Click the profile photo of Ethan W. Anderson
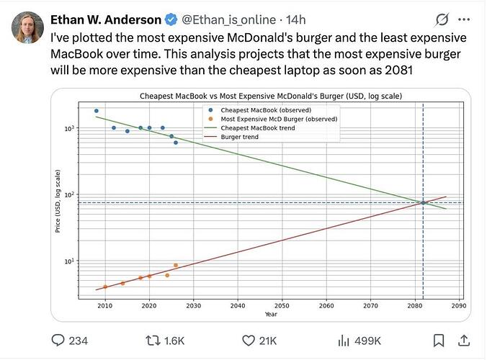click(27, 27)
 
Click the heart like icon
click(249, 340)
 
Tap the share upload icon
click(465, 340)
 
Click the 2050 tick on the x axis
click(282, 306)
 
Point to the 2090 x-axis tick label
click(458, 306)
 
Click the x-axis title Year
click(270, 314)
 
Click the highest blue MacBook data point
click(97, 111)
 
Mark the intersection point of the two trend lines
click(423, 202)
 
